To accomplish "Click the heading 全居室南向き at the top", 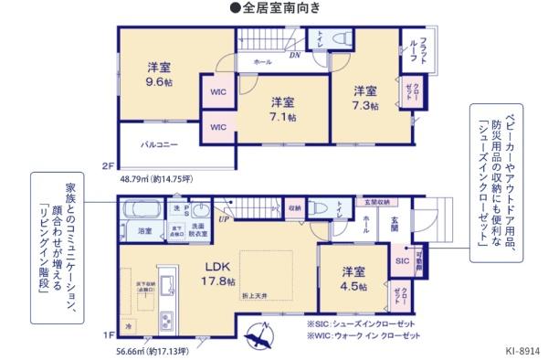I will (275, 8).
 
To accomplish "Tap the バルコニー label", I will (159, 144).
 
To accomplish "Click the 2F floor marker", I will (108, 165).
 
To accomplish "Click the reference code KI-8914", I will (521, 350).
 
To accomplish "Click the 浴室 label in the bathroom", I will (145, 232).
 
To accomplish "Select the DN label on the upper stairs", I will (294, 55).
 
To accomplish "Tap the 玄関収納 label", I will (377, 202).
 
